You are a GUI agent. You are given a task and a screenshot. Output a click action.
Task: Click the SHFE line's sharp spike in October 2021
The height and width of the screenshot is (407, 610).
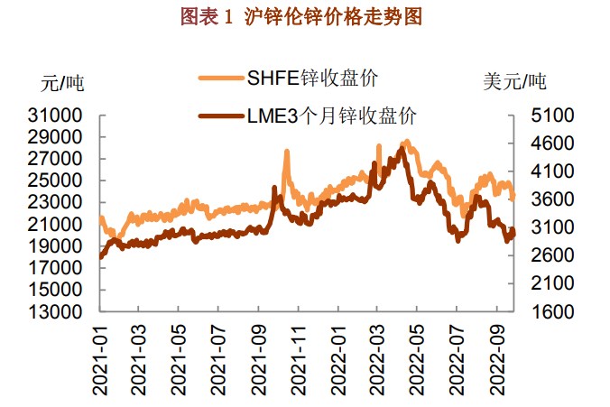pyautogui.click(x=287, y=153)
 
